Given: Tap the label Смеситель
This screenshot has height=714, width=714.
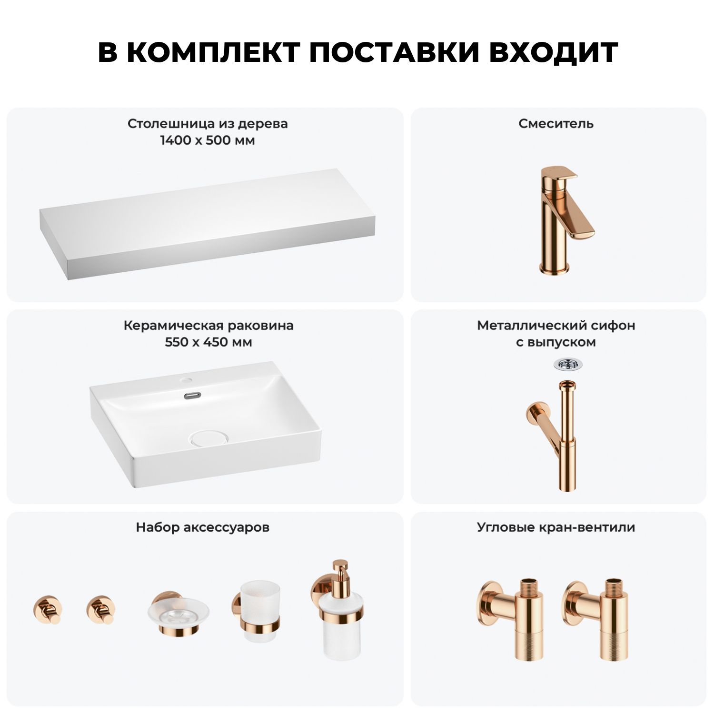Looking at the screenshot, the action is (556, 124).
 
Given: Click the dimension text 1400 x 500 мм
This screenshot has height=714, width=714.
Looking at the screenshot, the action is (208, 140).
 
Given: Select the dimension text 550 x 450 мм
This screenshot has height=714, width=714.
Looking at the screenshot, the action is (208, 342).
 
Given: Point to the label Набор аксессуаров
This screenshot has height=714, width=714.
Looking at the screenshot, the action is (203, 527).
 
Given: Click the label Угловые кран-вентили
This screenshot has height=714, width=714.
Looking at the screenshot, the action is (556, 527).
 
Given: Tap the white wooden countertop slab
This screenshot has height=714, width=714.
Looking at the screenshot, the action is (208, 223).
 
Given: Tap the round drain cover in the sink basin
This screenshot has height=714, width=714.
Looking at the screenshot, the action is (208, 438).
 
